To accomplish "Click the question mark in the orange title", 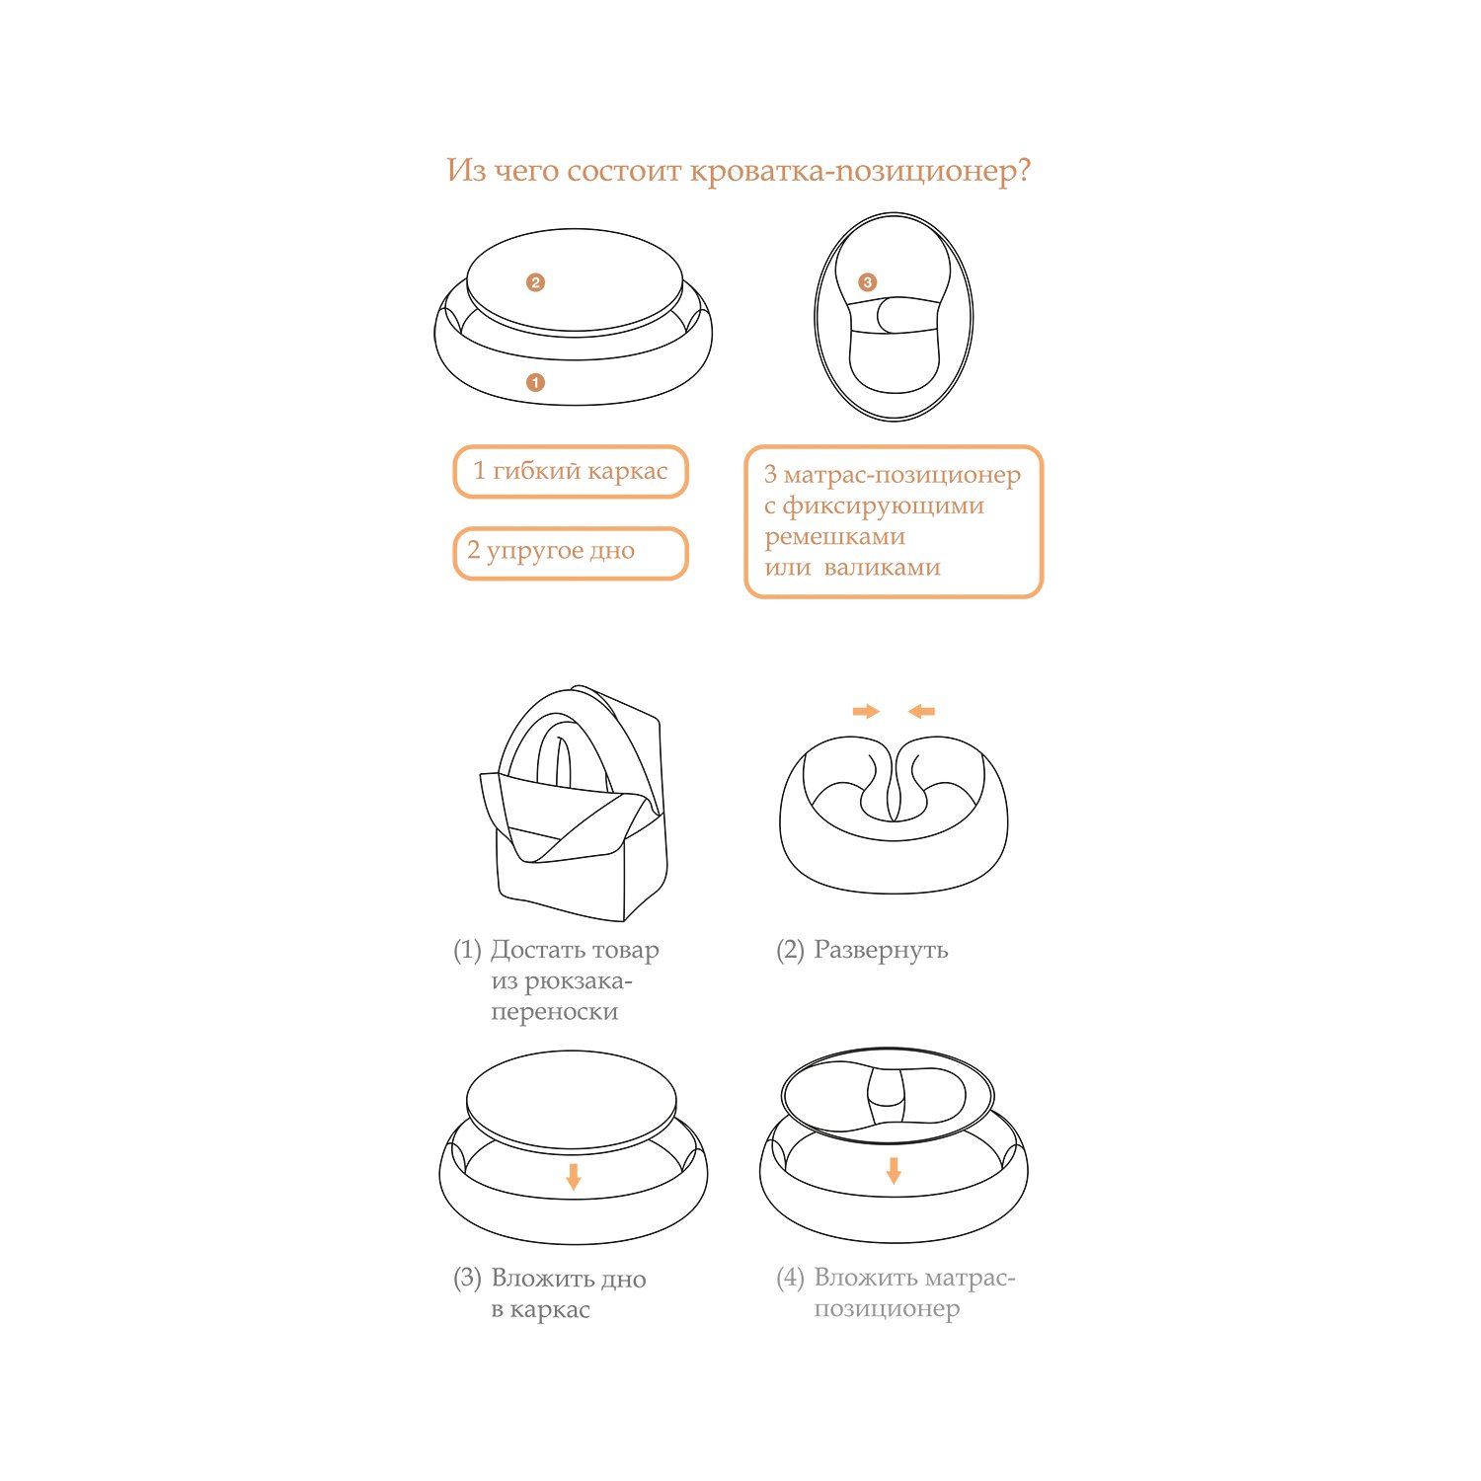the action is click(x=1022, y=170).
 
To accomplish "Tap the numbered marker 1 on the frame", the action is click(x=535, y=382).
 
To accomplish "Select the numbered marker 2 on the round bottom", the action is click(x=535, y=282).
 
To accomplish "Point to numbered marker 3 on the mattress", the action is click(x=867, y=282).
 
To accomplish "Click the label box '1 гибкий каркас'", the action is click(x=570, y=472).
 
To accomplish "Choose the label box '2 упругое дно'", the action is click(x=570, y=553).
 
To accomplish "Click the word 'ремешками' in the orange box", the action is click(x=834, y=538).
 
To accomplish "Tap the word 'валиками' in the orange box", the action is click(x=882, y=568).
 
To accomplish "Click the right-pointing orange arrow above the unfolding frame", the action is click(x=866, y=711).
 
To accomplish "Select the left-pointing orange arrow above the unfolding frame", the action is click(x=921, y=711).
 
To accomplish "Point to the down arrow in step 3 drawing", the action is click(x=573, y=1176).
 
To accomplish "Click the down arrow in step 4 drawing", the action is click(x=894, y=1170).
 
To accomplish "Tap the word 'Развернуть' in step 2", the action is click(x=881, y=951).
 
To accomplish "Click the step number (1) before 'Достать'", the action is click(x=467, y=950).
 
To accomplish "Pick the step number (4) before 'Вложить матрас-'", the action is click(x=790, y=1278).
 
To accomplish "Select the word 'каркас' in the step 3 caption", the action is click(x=551, y=1310).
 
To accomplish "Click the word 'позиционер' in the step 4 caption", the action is click(x=887, y=1310).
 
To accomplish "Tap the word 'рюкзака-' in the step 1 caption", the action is click(x=578, y=982).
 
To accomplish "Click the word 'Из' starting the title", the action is click(x=466, y=170).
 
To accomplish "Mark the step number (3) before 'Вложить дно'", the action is click(x=467, y=1279).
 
